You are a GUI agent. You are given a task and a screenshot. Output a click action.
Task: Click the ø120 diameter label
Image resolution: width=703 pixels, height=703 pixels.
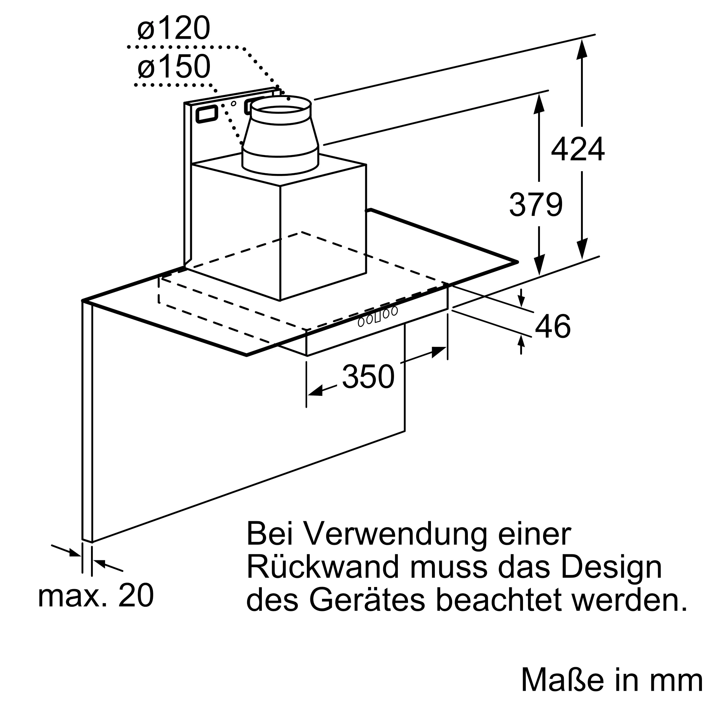tap(174, 28)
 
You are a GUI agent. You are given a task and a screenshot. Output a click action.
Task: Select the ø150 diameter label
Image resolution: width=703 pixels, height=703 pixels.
tap(174, 66)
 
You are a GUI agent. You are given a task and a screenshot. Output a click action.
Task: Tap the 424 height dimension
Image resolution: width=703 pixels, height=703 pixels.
tap(578, 149)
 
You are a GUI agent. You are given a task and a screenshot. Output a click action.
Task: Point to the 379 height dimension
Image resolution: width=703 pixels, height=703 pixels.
tap(536, 205)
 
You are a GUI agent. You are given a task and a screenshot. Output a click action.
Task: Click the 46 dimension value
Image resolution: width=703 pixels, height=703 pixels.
tap(553, 327)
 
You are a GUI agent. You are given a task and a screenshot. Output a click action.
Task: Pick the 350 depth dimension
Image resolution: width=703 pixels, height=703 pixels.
tap(368, 377)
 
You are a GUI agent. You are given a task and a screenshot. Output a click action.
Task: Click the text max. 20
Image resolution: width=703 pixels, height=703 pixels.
tap(96, 596)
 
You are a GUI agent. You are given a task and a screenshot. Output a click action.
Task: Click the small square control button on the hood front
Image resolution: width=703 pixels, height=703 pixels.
tap(378, 317)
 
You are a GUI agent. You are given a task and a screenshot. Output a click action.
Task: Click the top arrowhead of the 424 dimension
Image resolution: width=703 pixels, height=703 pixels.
tap(582, 49)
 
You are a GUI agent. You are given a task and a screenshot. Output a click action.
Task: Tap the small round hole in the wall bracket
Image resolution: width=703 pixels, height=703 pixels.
tap(234, 104)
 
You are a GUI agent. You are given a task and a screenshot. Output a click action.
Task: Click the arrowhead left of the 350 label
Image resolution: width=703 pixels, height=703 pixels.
tap(315, 391)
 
